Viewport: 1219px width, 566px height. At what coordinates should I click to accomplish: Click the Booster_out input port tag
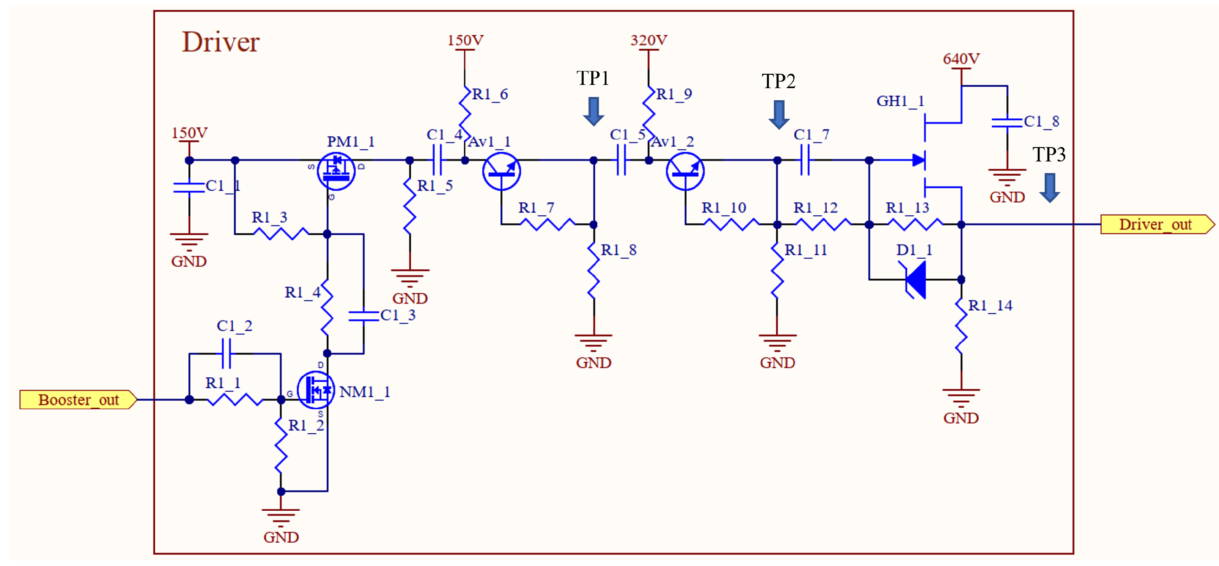point(78,400)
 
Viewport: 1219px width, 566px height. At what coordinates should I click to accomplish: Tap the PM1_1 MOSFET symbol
point(337,172)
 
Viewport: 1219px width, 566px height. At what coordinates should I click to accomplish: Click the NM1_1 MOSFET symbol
point(316,390)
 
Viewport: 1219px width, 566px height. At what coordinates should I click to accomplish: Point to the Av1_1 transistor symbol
point(501,172)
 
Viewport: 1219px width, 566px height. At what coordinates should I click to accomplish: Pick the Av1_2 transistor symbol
point(685,172)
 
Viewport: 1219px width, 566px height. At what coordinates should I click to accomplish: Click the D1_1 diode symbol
point(916,279)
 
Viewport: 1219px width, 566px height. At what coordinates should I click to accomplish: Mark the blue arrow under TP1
point(594,111)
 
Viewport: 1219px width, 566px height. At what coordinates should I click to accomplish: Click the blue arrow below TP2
point(779,115)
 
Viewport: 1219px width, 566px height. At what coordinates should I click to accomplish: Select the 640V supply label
point(961,59)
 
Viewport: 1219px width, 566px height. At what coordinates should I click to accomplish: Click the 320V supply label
point(648,40)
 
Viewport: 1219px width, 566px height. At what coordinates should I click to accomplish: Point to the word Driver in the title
point(221,42)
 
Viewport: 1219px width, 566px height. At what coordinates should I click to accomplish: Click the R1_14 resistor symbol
point(961,327)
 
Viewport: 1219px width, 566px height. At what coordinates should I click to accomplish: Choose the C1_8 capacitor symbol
point(1007,122)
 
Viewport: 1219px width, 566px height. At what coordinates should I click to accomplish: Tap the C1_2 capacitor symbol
point(227,354)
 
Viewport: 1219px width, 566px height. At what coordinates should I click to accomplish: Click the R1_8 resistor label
point(619,250)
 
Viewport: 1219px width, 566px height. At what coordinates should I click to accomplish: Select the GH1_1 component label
point(900,101)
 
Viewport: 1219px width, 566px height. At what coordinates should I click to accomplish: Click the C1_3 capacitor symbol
point(364,316)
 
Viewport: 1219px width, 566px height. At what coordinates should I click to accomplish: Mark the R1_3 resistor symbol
point(281,233)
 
